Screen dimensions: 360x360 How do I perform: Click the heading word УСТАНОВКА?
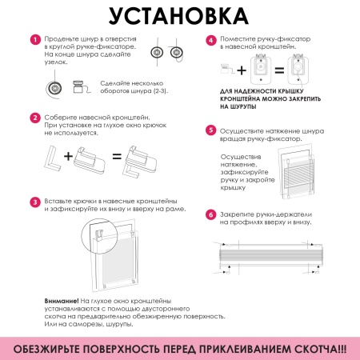[179, 17]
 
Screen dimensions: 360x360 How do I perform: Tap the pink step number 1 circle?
[34, 39]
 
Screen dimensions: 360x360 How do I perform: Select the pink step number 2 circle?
[34, 118]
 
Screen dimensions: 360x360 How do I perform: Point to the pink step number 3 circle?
[34, 202]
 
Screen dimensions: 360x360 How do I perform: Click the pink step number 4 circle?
[210, 39]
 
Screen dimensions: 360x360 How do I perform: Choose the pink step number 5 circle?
[210, 129]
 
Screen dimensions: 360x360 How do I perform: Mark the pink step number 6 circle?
[210, 214]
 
